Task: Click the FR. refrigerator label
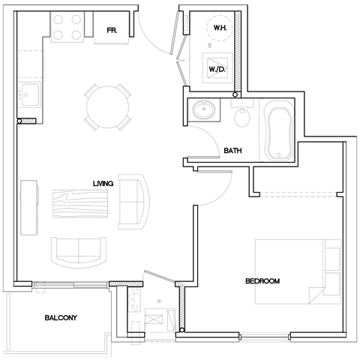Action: pos(110,31)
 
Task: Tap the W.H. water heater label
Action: pos(220,28)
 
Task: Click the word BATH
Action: pos(233,151)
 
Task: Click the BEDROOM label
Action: pos(262,281)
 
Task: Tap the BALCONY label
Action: pos(60,318)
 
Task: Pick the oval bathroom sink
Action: pos(203,111)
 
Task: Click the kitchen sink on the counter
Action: pos(31,97)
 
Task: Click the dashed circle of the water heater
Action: pos(220,28)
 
